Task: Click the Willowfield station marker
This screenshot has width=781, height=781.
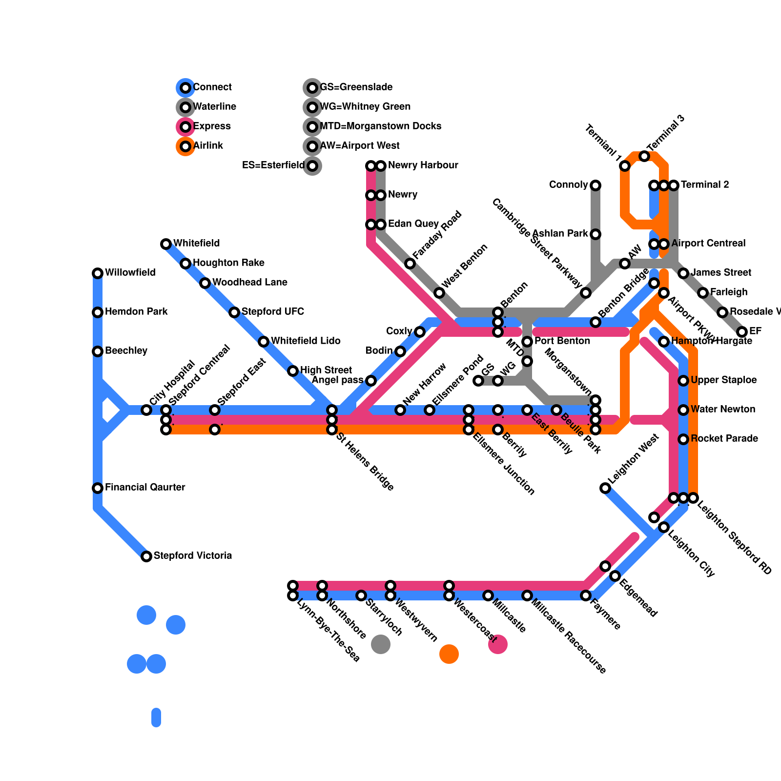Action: [x=98, y=273]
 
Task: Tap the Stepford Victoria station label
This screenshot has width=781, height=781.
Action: [x=192, y=556]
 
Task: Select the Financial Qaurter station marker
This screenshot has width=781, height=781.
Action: [x=98, y=488]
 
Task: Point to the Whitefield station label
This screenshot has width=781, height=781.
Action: [x=196, y=244]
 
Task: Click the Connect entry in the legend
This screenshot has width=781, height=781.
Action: [x=212, y=87]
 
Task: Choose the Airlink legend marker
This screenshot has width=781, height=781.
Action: [x=185, y=146]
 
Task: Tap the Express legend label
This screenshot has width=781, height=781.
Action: [x=212, y=126]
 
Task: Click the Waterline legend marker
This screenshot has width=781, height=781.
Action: [x=185, y=107]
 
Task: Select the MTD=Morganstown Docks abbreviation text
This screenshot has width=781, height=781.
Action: [x=380, y=126]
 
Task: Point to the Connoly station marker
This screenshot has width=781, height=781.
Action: [x=596, y=185]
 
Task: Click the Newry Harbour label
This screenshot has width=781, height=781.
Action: [x=423, y=165]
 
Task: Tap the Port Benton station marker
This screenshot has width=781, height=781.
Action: [x=527, y=342]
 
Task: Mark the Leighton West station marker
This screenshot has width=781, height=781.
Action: [x=605, y=488]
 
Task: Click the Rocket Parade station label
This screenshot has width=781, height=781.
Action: [x=724, y=439]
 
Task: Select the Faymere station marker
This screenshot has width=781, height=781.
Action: [x=586, y=596]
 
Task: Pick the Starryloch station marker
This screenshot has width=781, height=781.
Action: [x=361, y=596]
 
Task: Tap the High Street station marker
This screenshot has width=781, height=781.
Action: [x=293, y=371]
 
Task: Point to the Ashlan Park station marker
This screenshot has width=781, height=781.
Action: [x=596, y=234]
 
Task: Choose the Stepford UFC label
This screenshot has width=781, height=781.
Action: [x=272, y=312]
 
